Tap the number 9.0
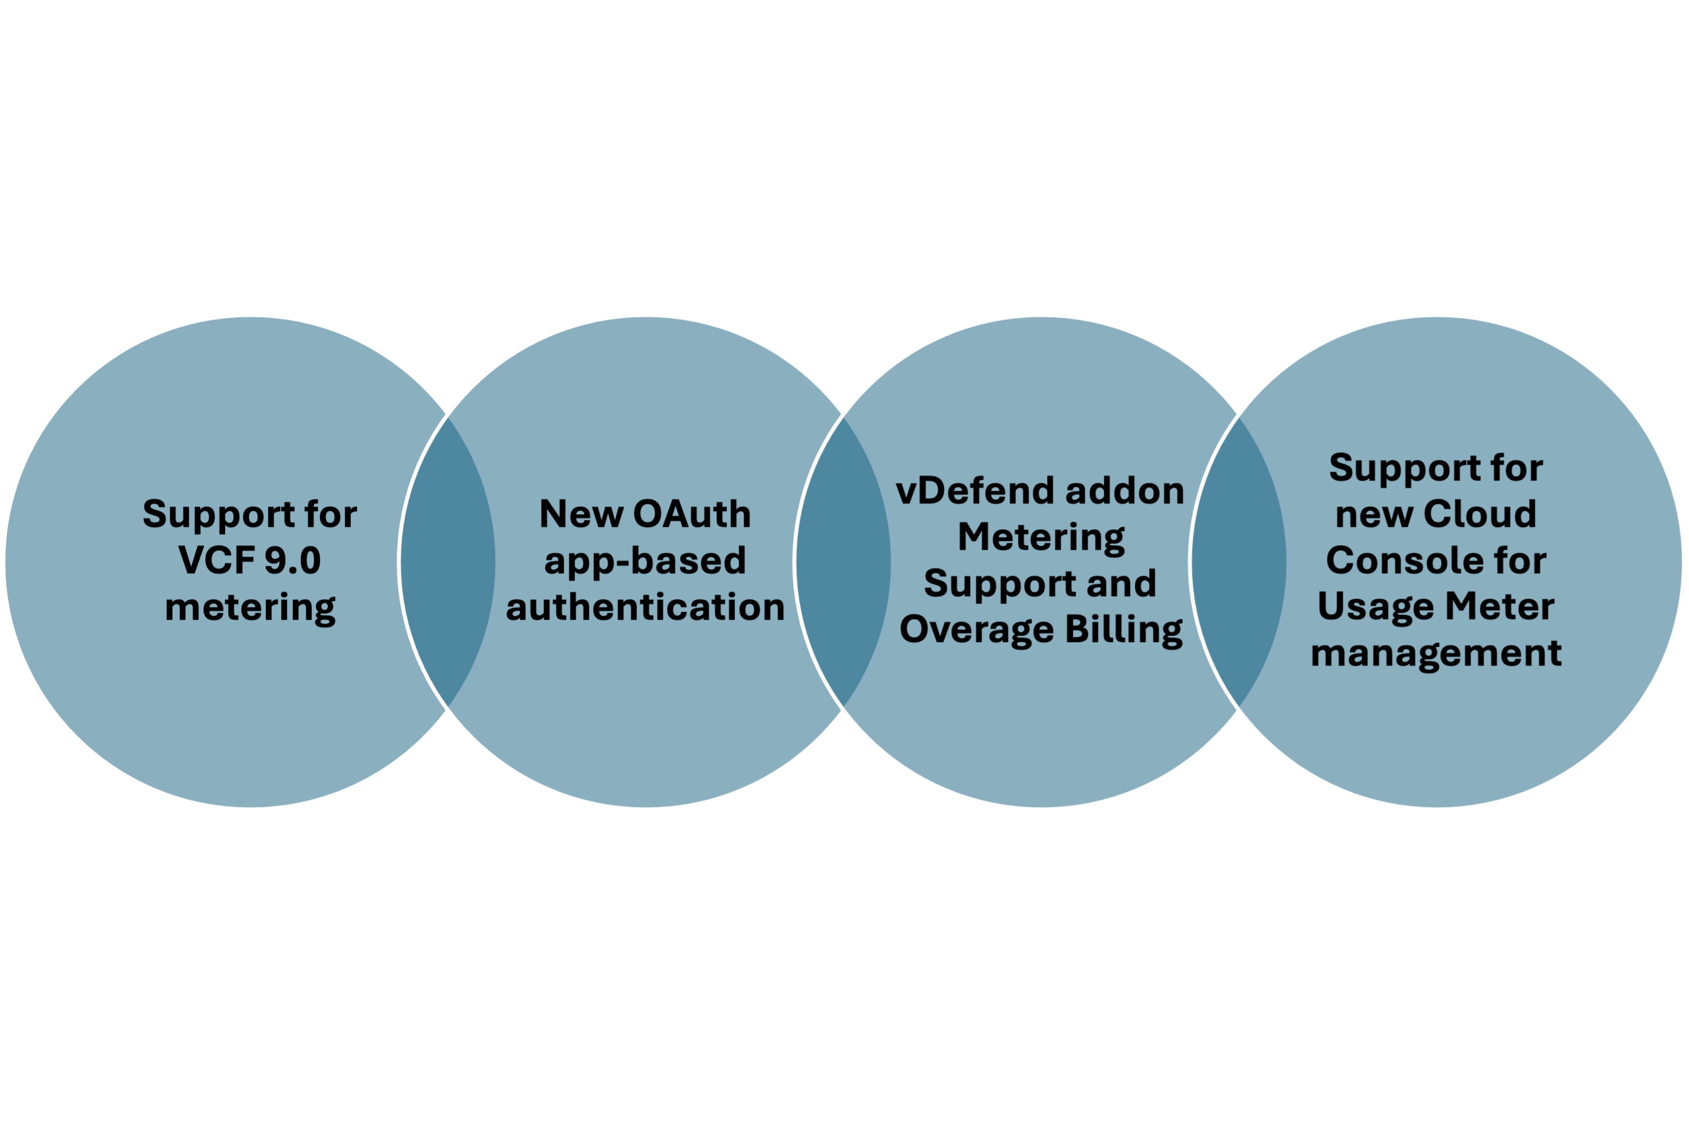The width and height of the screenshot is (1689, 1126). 292,560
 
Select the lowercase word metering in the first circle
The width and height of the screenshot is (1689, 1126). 250,608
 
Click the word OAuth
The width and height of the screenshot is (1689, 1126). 692,514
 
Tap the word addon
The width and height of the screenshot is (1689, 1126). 1124,491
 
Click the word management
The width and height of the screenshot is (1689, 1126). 1436,653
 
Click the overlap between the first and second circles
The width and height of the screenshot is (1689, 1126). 448,561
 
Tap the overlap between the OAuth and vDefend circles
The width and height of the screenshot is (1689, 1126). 844,561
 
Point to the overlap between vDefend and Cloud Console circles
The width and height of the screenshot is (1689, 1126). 1239,561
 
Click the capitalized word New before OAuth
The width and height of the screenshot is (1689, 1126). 581,514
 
